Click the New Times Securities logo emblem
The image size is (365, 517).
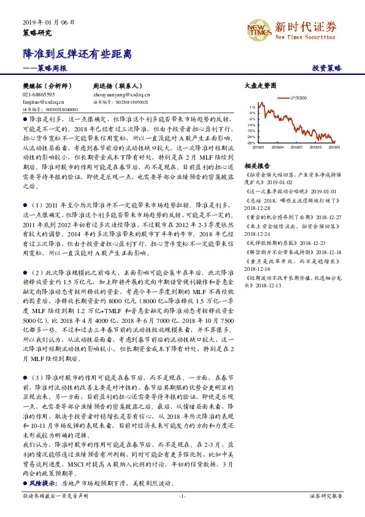260,28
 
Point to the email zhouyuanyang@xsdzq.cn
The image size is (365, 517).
121,95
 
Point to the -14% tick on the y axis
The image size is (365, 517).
252,125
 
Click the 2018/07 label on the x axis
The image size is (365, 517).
296,147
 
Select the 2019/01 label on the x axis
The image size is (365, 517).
334,147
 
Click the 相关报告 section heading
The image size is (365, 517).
257,166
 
